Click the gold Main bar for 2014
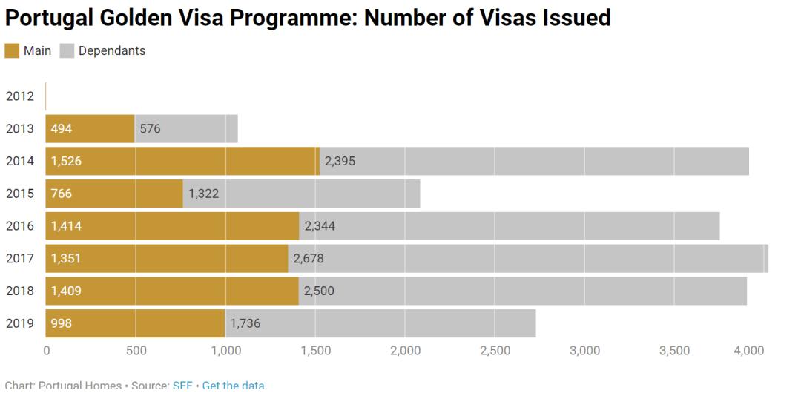182,161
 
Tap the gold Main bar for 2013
90,128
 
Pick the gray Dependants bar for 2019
380,323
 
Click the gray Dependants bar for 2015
301,194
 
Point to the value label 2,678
309,259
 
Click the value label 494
62,129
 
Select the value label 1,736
245,324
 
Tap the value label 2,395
340,162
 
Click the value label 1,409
66,291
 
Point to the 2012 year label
19,96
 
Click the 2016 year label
19,226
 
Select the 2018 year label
19,291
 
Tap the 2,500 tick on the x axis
495,351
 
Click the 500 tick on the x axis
136,351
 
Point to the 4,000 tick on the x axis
749,351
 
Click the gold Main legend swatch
13,50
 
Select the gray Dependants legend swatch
67,50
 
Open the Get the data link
233,386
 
